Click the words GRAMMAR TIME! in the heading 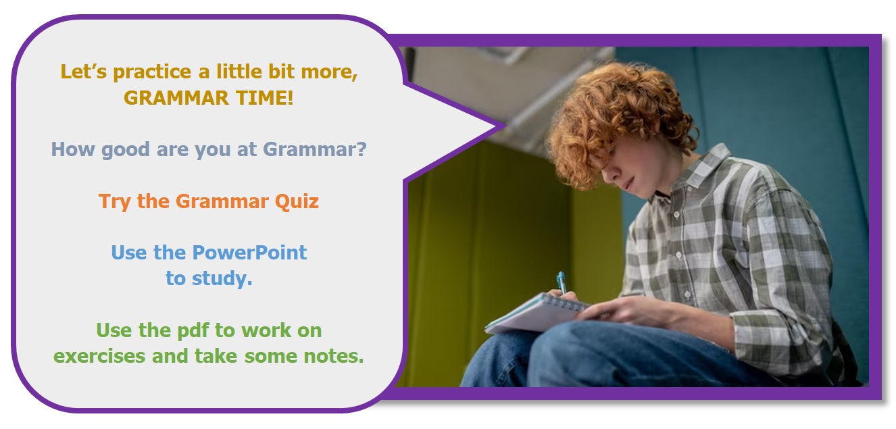click(x=208, y=98)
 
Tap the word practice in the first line click(x=153, y=72)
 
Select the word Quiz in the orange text click(x=297, y=201)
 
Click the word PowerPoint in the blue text click(x=249, y=253)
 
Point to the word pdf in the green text click(x=193, y=330)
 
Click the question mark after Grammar click(x=361, y=149)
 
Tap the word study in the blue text click(x=222, y=279)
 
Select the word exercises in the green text click(x=99, y=356)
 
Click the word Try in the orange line click(x=114, y=201)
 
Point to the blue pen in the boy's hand click(x=562, y=282)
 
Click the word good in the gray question click(x=125, y=150)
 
